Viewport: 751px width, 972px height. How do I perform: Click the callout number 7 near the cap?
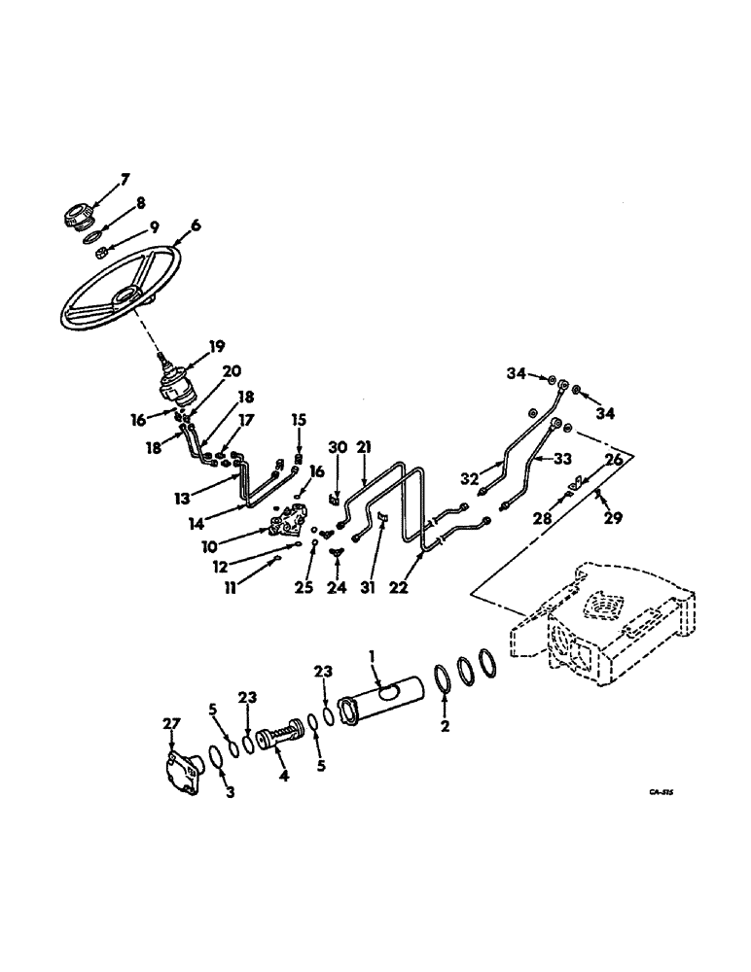124,179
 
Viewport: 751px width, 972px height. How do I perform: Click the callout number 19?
216,345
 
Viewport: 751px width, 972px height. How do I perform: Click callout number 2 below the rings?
446,725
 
